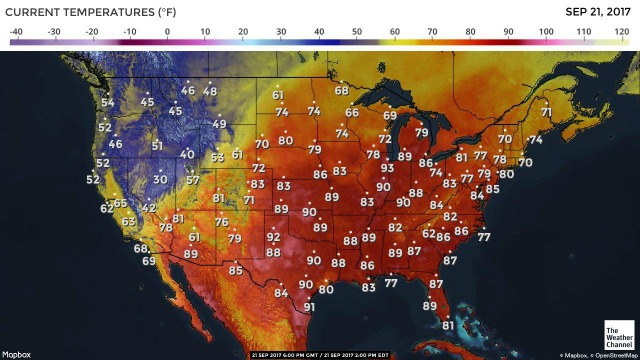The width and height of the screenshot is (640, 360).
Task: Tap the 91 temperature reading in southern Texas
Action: coord(309,307)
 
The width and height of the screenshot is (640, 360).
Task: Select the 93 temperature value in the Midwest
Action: coord(387,169)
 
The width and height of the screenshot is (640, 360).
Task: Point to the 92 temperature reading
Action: coord(273,237)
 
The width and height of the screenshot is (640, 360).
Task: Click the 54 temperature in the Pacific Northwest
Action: coord(108,103)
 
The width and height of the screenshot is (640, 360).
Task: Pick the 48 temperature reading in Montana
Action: coord(210,92)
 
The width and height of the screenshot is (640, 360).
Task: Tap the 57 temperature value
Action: coord(193,181)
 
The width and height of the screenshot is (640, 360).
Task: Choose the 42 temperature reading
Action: coord(148,208)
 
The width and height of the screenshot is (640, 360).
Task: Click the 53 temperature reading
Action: coord(218,158)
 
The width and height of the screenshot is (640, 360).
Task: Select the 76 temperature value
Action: coord(221,222)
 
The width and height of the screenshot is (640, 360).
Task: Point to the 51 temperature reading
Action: coord(157,146)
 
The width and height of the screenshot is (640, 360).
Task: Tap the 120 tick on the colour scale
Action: coord(621,32)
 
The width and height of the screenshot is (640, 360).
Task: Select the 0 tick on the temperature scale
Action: coord(167,32)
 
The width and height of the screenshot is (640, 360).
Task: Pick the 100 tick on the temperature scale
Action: coord(546,32)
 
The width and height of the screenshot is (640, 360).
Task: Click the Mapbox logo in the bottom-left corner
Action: coord(17,353)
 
